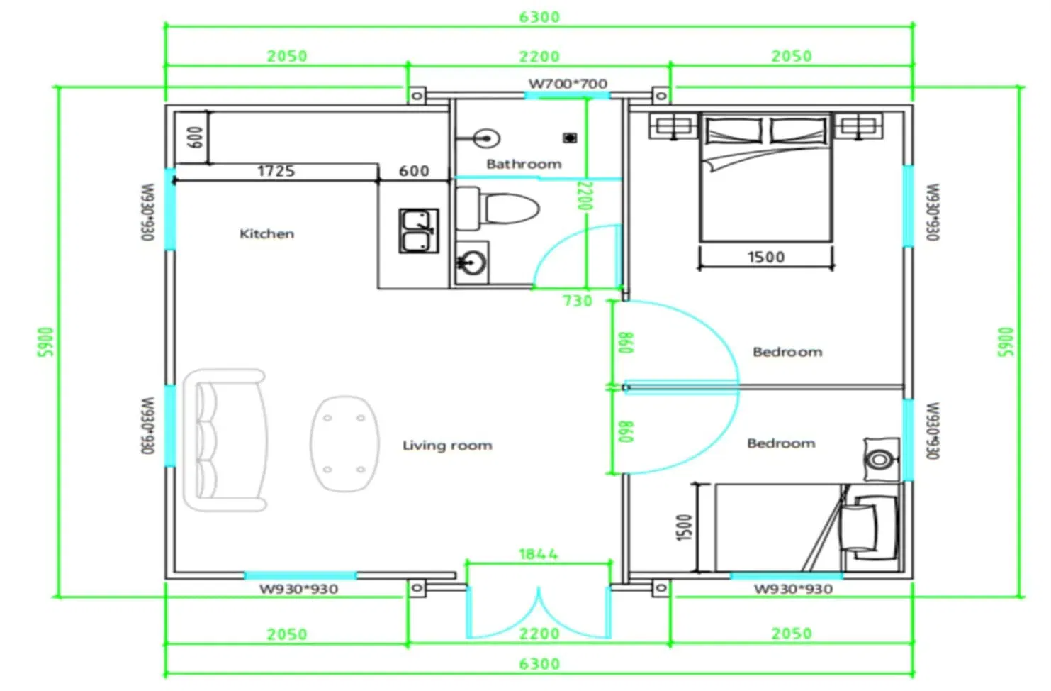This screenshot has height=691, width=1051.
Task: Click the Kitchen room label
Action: click(266, 233)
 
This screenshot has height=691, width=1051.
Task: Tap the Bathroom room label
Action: click(524, 164)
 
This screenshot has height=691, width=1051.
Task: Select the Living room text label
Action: click(447, 445)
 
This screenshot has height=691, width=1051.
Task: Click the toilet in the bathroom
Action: click(498, 209)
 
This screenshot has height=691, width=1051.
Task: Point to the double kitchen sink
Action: click(419, 231)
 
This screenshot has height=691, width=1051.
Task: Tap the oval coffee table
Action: click(344, 443)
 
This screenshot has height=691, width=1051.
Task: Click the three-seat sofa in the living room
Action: click(225, 440)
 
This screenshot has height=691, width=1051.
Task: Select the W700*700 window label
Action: click(568, 84)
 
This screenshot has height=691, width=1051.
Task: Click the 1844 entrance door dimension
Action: click(538, 554)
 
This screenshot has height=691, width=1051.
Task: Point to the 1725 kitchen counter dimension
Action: click(276, 170)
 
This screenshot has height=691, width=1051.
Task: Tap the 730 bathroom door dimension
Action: click(577, 301)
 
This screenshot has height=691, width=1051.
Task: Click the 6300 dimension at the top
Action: click(539, 17)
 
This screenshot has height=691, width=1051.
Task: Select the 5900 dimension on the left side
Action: click(46, 342)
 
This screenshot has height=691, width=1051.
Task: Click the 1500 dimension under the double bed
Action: click(765, 257)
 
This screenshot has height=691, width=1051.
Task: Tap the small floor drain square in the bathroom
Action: click(570, 138)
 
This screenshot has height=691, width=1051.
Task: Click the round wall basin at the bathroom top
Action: click(487, 138)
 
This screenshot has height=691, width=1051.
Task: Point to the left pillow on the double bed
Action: click(734, 130)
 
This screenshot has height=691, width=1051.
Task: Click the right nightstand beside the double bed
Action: click(858, 126)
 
